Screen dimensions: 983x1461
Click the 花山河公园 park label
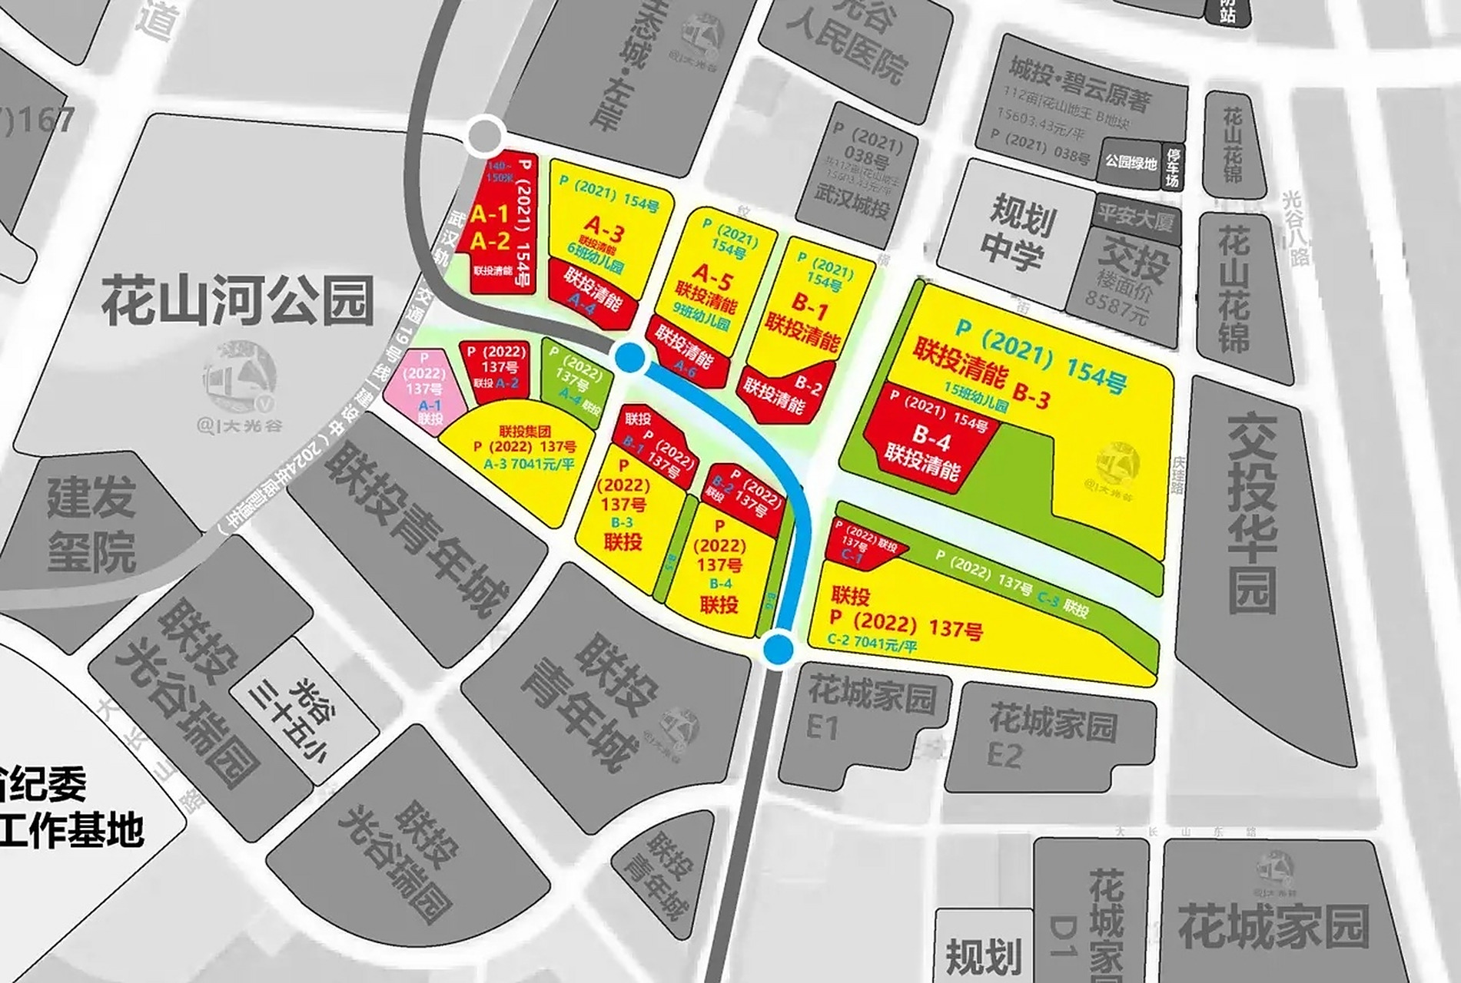point(238,302)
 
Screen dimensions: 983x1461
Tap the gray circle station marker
point(485,136)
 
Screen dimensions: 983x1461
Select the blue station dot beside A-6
point(630,358)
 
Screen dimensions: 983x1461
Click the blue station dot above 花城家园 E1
point(778,649)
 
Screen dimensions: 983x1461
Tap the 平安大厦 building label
point(1134,218)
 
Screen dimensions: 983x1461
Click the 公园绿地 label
point(1131,163)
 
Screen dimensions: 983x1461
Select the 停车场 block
point(1173,167)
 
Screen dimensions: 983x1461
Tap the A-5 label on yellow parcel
point(712,273)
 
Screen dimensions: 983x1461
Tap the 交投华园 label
point(1252,515)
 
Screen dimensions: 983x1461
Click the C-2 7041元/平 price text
point(872,643)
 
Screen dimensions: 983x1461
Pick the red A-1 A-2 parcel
point(496,230)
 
